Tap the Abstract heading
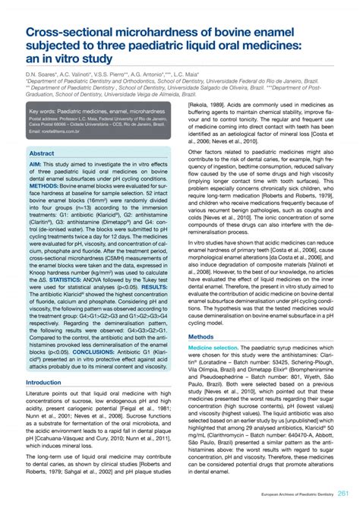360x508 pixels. [42, 153]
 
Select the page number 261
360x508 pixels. [344, 494]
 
